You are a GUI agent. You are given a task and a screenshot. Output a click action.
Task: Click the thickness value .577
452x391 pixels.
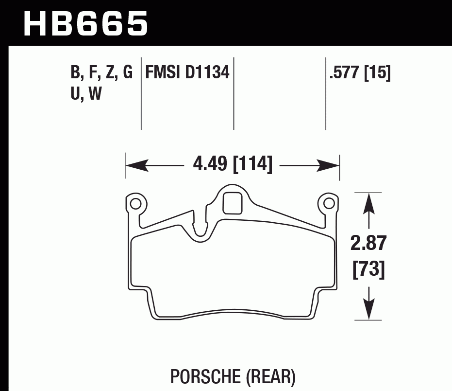(x=345, y=73)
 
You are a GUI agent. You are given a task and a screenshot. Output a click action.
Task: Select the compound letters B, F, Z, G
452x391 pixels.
(x=101, y=73)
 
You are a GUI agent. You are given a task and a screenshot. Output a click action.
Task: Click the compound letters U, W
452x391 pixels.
(x=86, y=93)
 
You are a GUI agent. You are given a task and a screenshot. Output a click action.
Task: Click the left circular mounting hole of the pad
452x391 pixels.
(x=135, y=203)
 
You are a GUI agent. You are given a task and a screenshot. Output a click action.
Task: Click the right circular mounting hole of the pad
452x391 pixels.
(x=327, y=203)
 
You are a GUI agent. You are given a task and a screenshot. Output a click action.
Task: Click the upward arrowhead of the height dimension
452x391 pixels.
(x=369, y=202)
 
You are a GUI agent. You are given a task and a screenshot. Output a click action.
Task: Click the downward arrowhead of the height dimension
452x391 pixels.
(x=369, y=310)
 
